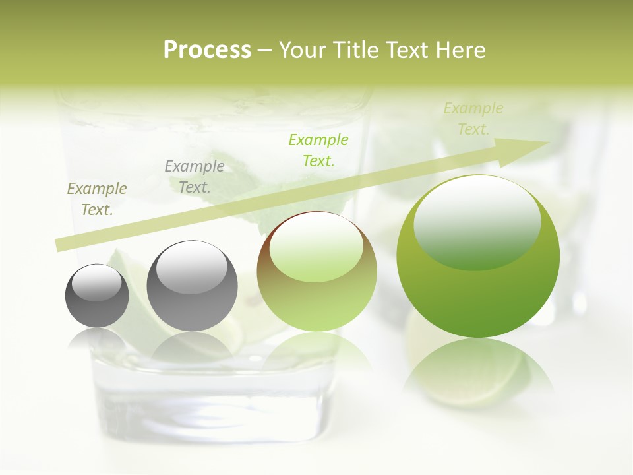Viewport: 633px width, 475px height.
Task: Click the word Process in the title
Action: pos(207,50)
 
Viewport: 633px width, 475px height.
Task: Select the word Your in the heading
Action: pos(304,50)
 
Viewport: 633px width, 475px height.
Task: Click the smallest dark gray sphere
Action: pos(97,296)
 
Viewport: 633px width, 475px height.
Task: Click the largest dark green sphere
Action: pos(478,257)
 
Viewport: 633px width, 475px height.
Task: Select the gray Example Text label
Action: pos(195,177)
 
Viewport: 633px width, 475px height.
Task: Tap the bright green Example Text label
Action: pos(318,150)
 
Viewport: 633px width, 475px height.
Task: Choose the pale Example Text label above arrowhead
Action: pos(473,119)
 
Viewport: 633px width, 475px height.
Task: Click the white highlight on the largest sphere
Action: pos(477,212)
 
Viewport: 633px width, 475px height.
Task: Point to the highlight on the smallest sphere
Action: pos(97,282)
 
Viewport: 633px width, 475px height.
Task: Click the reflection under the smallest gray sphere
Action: pos(97,340)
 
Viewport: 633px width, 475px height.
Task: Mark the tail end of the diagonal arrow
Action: pos(61,245)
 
